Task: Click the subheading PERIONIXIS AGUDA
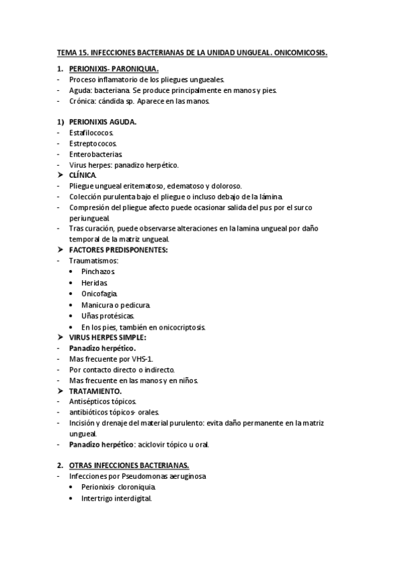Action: coord(103,122)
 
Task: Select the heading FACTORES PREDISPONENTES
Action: coord(118,249)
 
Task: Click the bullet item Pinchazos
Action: coord(99,272)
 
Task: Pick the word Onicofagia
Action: coord(99,294)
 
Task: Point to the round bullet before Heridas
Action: coord(71,283)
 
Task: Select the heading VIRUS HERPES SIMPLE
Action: coord(108,337)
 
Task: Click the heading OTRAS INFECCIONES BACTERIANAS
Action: coord(129,465)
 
